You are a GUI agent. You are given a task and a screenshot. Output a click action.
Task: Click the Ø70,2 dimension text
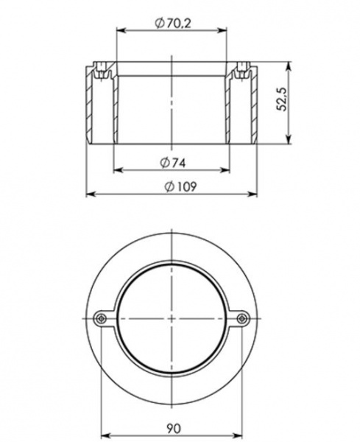click(x=172, y=23)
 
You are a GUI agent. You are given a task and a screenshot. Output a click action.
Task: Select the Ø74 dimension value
click(x=172, y=161)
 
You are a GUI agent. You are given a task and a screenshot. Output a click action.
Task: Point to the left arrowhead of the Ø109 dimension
click(x=90, y=194)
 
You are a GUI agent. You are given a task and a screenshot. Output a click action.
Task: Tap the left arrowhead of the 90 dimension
click(x=104, y=433)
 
